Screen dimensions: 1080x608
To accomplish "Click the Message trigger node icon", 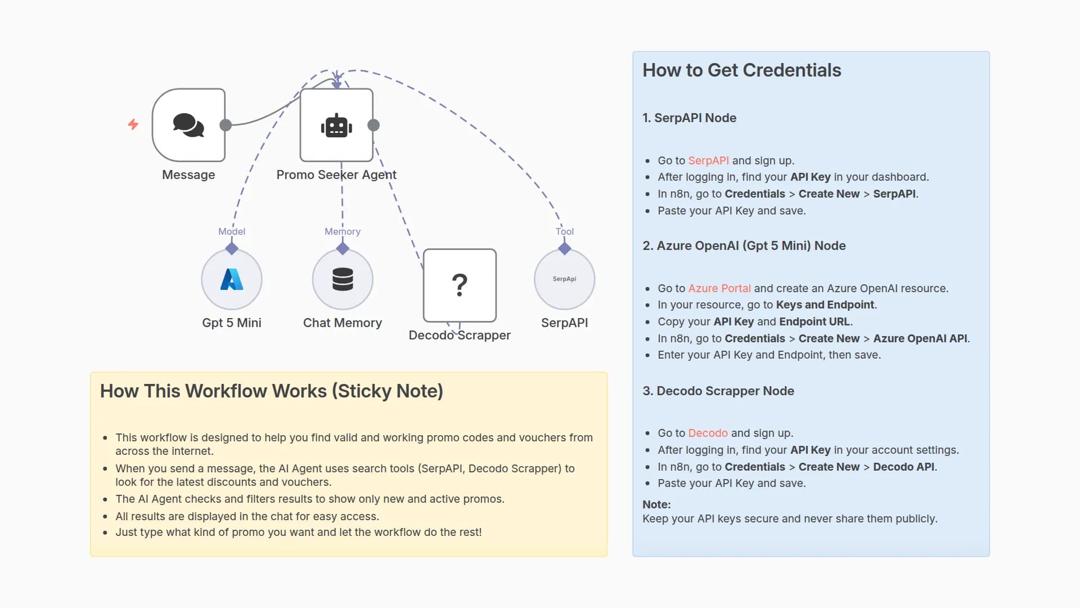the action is point(188,125).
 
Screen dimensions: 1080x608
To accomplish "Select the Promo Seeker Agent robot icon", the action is point(336,125).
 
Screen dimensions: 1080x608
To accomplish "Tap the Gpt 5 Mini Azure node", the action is point(232,279).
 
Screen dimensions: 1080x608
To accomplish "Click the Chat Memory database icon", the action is point(343,279).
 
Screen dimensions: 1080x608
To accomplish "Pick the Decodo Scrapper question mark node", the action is point(460,285).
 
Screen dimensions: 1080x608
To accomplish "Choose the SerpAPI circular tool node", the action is point(564,279).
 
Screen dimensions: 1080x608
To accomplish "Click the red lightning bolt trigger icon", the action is point(133,124).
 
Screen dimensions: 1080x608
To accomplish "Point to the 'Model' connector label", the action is point(232,231).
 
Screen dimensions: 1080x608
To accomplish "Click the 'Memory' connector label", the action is point(343,231).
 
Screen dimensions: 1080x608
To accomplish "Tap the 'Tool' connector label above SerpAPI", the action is point(565,231).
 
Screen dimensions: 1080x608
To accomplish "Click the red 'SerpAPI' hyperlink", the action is point(708,160).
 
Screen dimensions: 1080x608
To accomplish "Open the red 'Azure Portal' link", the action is point(719,288).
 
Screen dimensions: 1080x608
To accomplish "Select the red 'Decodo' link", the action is point(708,433).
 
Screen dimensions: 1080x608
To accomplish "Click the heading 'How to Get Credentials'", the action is point(741,70).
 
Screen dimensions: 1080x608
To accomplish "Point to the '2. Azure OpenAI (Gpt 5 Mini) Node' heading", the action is point(744,245).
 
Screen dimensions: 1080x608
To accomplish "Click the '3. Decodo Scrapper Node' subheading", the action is point(718,391).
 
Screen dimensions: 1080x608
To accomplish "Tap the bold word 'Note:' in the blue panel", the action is point(657,504).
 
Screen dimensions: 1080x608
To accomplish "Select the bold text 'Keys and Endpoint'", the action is point(825,305).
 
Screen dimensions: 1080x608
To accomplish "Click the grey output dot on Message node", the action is point(226,125).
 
